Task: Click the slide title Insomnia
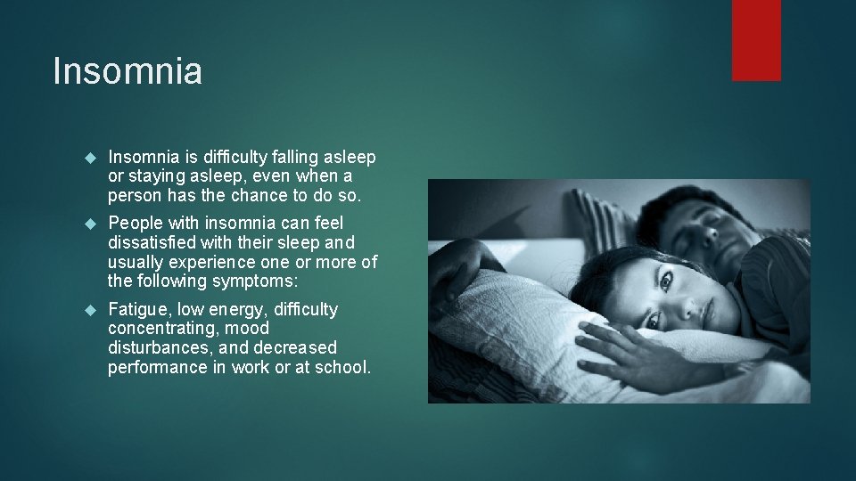pos(128,71)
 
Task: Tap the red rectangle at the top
pos(756,40)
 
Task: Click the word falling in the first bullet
pos(277,158)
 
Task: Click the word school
pos(344,367)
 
